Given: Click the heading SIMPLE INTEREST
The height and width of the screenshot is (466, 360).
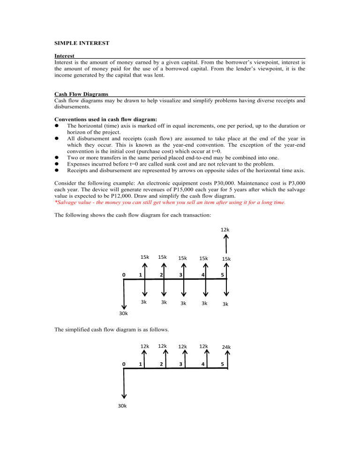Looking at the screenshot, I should pos(82,43).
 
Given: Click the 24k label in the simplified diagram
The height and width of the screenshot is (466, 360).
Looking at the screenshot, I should pos(226,347).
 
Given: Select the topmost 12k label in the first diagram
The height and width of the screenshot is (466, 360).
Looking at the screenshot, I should pos(225,230).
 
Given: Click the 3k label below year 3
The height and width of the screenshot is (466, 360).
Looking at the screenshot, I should pos(184,303).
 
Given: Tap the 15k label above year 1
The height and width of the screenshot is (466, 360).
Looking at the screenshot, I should pos(145,257).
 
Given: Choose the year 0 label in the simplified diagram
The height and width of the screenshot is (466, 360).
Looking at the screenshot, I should pos(123,363).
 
